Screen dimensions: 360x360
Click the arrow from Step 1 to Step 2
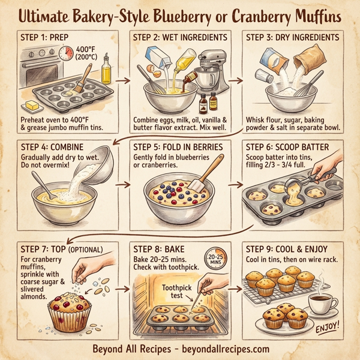point(122,79)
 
